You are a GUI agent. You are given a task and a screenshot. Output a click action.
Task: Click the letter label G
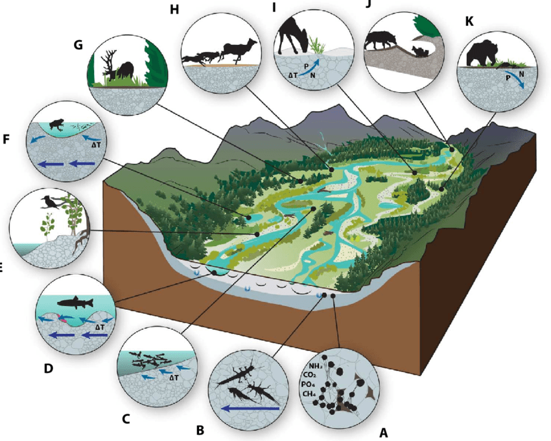tap(78, 45)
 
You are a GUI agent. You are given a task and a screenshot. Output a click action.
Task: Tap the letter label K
tap(469, 21)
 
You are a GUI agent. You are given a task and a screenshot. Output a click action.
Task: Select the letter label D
tap(49, 368)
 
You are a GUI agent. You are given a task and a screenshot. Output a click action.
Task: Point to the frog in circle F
tap(56, 124)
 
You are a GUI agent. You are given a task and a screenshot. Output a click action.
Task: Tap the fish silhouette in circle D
tap(75, 303)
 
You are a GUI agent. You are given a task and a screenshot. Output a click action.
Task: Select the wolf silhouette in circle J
tap(381, 40)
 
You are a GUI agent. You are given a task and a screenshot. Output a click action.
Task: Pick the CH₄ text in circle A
tap(311, 394)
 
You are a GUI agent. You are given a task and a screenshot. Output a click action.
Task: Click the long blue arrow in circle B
tap(250, 409)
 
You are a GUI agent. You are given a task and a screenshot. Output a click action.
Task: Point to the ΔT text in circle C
tap(174, 378)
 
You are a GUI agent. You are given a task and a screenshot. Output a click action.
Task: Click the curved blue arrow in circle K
tap(515, 79)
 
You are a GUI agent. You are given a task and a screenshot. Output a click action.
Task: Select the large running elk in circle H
tap(239, 49)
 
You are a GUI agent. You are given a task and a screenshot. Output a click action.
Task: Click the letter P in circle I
tap(305, 66)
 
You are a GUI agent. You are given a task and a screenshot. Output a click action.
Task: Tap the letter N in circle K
tap(521, 75)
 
